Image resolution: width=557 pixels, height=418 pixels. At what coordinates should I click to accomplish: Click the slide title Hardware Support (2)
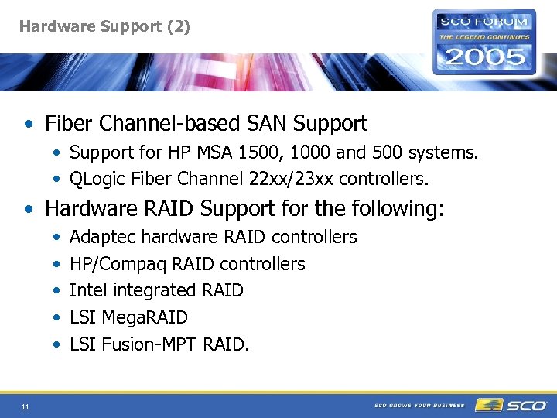coord(104,26)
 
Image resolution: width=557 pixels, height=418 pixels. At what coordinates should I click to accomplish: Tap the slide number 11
coord(26,407)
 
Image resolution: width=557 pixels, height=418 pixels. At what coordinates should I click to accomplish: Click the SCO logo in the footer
coord(512,405)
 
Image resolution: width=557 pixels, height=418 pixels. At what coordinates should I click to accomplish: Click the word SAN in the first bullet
coord(249,123)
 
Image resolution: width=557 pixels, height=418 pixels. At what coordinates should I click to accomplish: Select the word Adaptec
coord(100,237)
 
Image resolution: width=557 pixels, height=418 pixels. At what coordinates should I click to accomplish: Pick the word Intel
coord(85,290)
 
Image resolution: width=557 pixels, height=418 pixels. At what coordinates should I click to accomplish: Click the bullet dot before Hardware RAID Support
coord(29,209)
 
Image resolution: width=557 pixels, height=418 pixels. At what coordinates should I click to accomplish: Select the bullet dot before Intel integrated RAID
coord(58,291)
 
